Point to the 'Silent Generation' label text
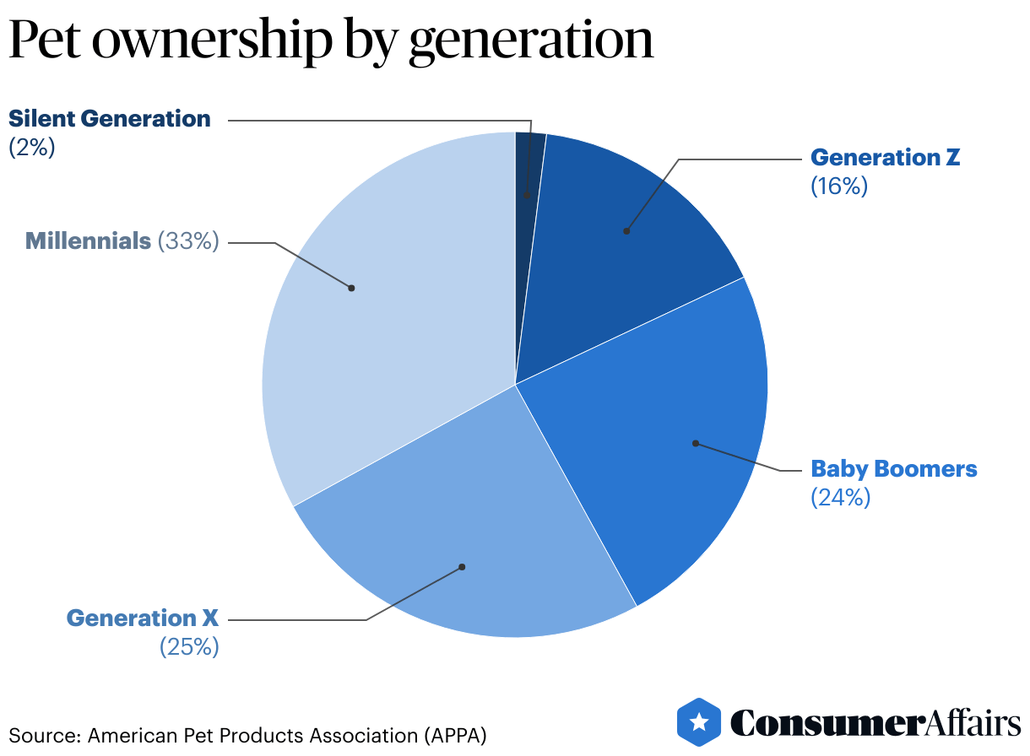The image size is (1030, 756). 110,119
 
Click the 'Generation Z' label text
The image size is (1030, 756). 885,158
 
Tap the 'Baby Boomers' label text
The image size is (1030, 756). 893,469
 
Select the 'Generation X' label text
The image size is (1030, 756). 143,618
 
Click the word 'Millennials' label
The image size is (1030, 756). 88,241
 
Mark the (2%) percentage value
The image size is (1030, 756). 31,147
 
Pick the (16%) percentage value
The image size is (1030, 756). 838,186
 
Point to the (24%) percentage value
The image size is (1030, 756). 839,498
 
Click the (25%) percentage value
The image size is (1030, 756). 189,647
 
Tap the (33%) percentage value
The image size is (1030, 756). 188,241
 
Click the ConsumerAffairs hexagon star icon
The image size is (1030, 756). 698,722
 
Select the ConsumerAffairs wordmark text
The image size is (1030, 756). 875,724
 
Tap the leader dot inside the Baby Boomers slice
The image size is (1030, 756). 695,442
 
